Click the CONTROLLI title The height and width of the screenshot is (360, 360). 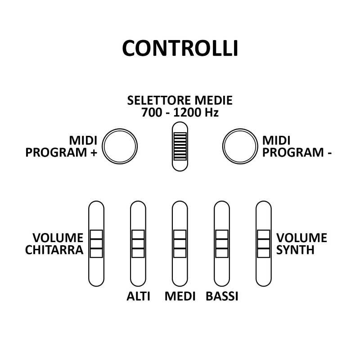tap(180, 48)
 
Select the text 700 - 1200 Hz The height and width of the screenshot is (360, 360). tap(180, 112)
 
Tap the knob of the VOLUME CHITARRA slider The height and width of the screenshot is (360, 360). tap(96, 243)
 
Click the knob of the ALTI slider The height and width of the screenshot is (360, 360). tap(138, 243)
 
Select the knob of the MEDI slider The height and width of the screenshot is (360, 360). tap(180, 243)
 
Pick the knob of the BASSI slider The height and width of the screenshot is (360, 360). tap(222, 243)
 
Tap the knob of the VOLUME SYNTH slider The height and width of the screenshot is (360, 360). tap(264, 243)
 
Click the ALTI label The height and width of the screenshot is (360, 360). tap(138, 296)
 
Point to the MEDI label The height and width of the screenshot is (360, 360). tap(180, 296)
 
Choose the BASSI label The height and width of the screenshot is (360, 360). tap(222, 296)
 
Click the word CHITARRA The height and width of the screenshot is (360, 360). tap(54, 250)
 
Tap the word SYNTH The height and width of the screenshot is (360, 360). tap(295, 250)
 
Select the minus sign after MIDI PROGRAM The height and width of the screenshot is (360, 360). tap(330, 153)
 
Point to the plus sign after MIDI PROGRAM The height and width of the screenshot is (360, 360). tap(93, 153)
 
